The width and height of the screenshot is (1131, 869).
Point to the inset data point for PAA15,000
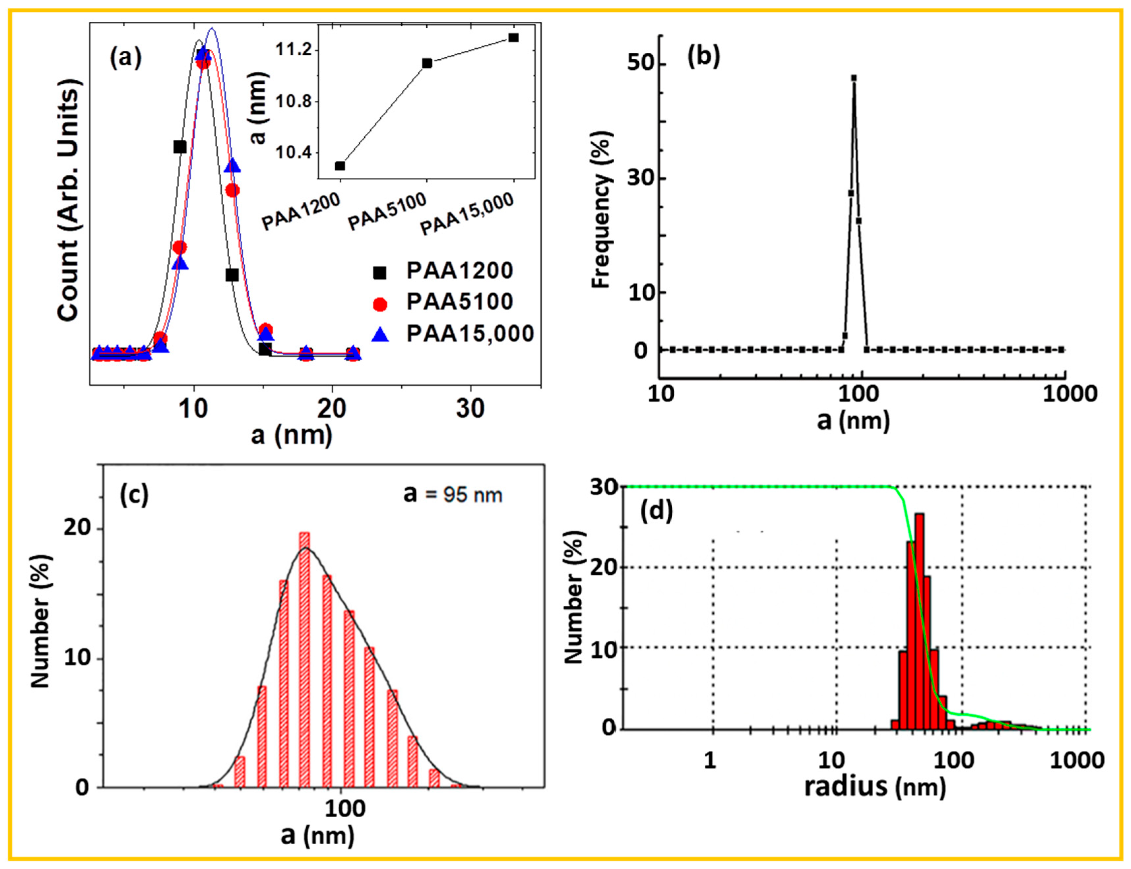click(513, 38)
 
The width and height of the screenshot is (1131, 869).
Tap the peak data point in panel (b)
click(854, 78)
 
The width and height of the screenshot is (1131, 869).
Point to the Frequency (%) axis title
click(602, 209)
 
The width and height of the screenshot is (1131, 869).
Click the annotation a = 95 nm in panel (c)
click(453, 495)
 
